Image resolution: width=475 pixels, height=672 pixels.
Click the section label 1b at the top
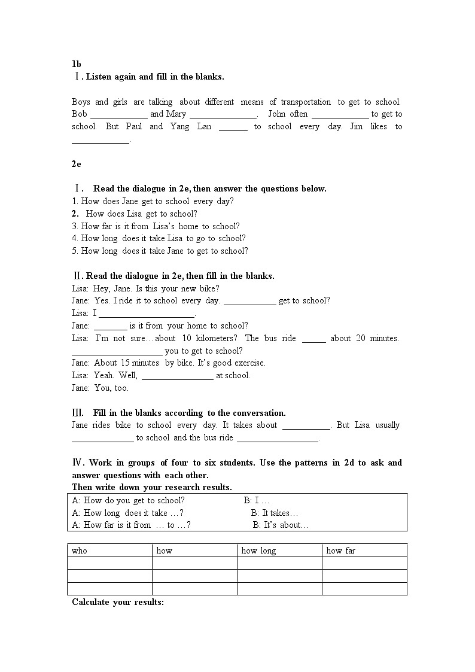pos(76,64)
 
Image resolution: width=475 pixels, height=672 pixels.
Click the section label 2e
pos(76,164)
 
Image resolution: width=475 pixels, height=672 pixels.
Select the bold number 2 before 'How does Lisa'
pos(75,214)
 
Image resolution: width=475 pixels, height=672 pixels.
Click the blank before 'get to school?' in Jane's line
pos(249,301)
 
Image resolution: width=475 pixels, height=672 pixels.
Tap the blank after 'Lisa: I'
pos(147,314)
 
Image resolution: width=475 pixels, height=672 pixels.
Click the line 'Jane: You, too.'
pos(100,388)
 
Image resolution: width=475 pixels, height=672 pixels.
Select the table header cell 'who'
pos(80,551)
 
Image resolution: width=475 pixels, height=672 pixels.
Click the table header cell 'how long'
pos(258,551)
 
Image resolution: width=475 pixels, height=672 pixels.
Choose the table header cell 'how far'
pos(340,551)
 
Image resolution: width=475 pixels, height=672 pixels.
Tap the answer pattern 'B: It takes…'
pos(274,513)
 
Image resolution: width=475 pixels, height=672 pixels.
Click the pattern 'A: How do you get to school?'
pos(128,500)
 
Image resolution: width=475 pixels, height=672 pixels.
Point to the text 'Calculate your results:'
pos(118,602)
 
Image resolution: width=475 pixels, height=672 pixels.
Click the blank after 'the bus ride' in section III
pos(278,438)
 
